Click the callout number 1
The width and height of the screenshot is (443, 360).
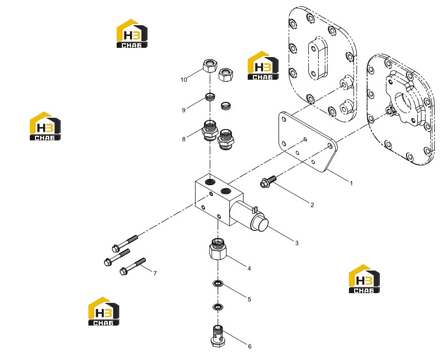coord(351,184)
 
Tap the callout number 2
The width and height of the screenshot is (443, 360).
coord(312,205)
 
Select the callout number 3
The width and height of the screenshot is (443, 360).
coord(297,243)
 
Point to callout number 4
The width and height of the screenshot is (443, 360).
coord(249,268)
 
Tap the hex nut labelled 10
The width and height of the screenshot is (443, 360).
coord(210,66)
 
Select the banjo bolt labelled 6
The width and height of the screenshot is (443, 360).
coord(217,336)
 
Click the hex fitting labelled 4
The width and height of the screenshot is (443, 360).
coord(218,249)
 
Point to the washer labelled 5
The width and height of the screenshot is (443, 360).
coord(217,283)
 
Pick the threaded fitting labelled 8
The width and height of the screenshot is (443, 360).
coord(210,130)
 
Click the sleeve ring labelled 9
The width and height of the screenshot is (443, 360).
coord(210,97)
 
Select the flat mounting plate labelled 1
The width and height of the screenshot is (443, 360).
coord(307,142)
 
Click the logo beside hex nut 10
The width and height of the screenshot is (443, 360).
coord(263,65)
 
